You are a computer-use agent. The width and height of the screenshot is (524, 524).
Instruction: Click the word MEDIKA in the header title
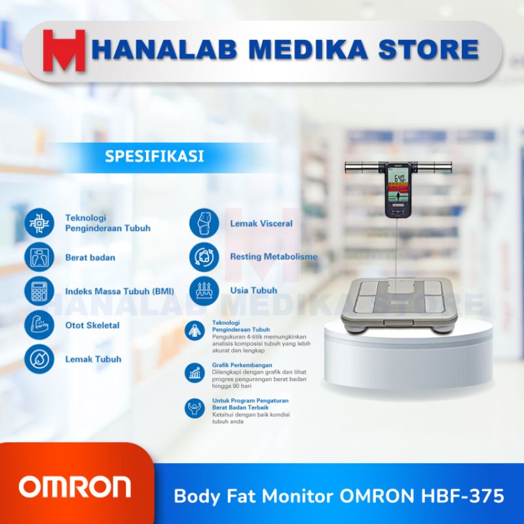(298, 50)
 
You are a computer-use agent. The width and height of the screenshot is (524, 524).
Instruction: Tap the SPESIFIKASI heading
(155, 157)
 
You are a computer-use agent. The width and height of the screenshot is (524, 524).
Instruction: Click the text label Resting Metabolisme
(274, 257)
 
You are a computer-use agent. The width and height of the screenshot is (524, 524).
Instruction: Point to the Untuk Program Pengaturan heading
(250, 400)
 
